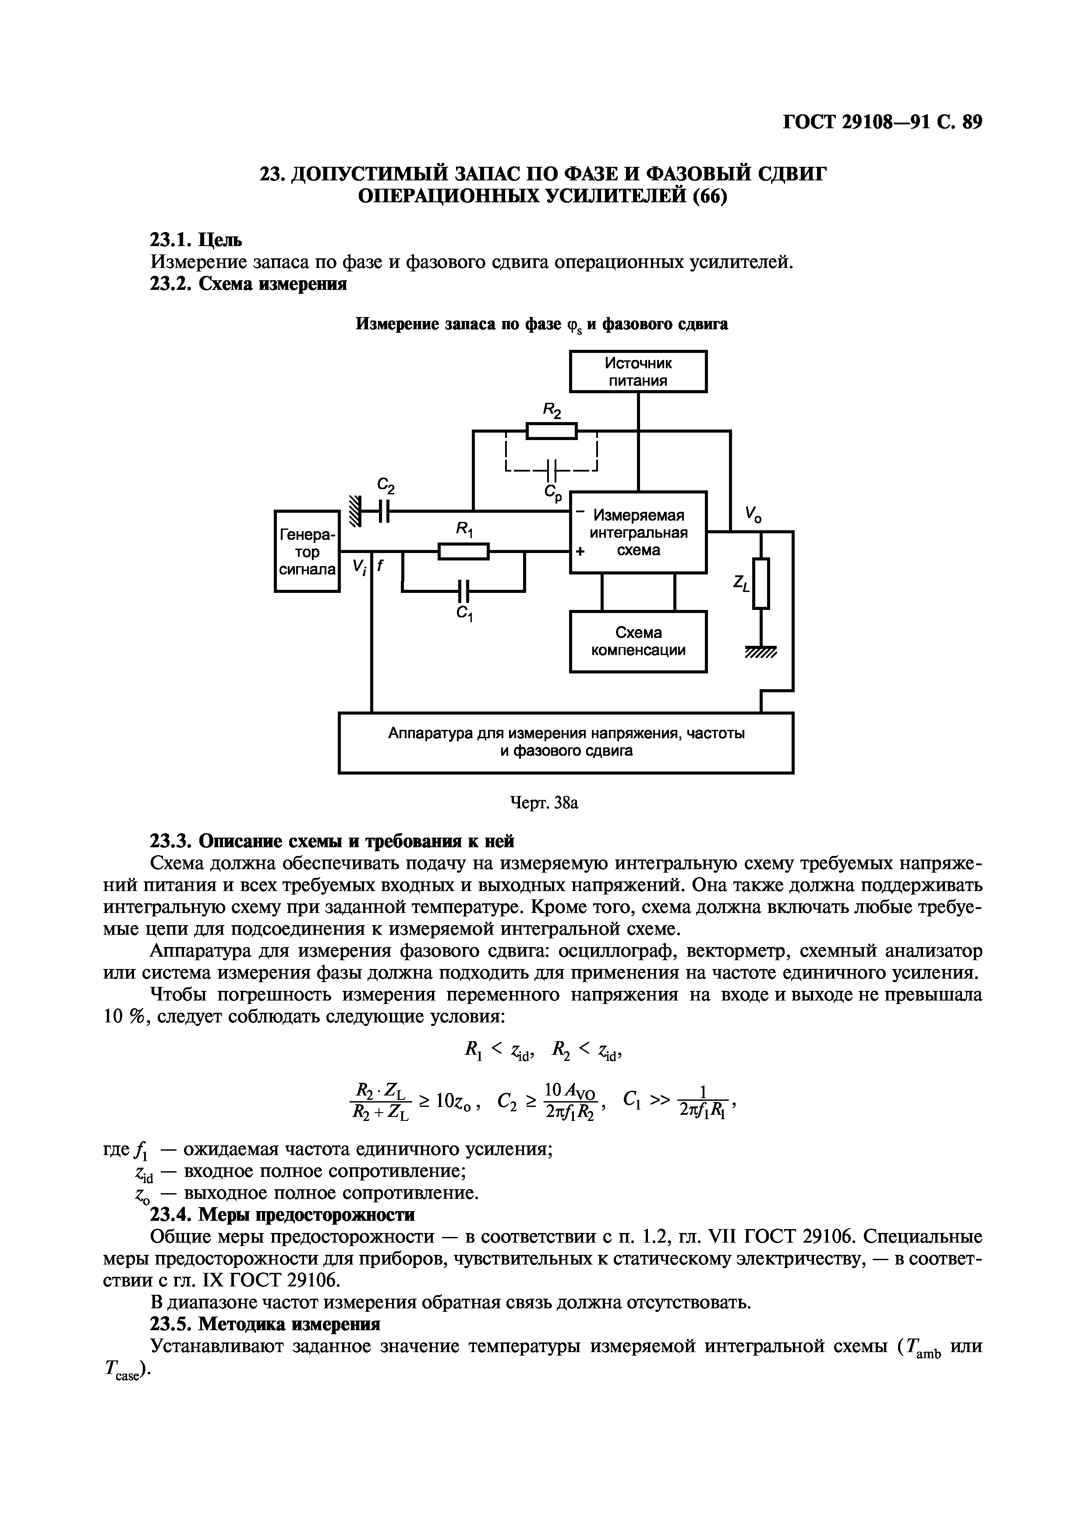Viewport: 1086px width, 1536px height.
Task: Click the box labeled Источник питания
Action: [x=638, y=371]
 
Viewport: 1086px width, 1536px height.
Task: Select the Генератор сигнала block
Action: [x=307, y=551]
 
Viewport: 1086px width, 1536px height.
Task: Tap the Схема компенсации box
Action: [x=638, y=641]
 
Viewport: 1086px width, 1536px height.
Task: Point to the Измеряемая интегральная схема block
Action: [x=638, y=532]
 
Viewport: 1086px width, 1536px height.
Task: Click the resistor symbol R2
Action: [x=552, y=431]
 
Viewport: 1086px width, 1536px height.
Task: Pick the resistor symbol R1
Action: [x=464, y=551]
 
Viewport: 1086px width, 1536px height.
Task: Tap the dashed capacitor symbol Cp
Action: [x=552, y=469]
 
